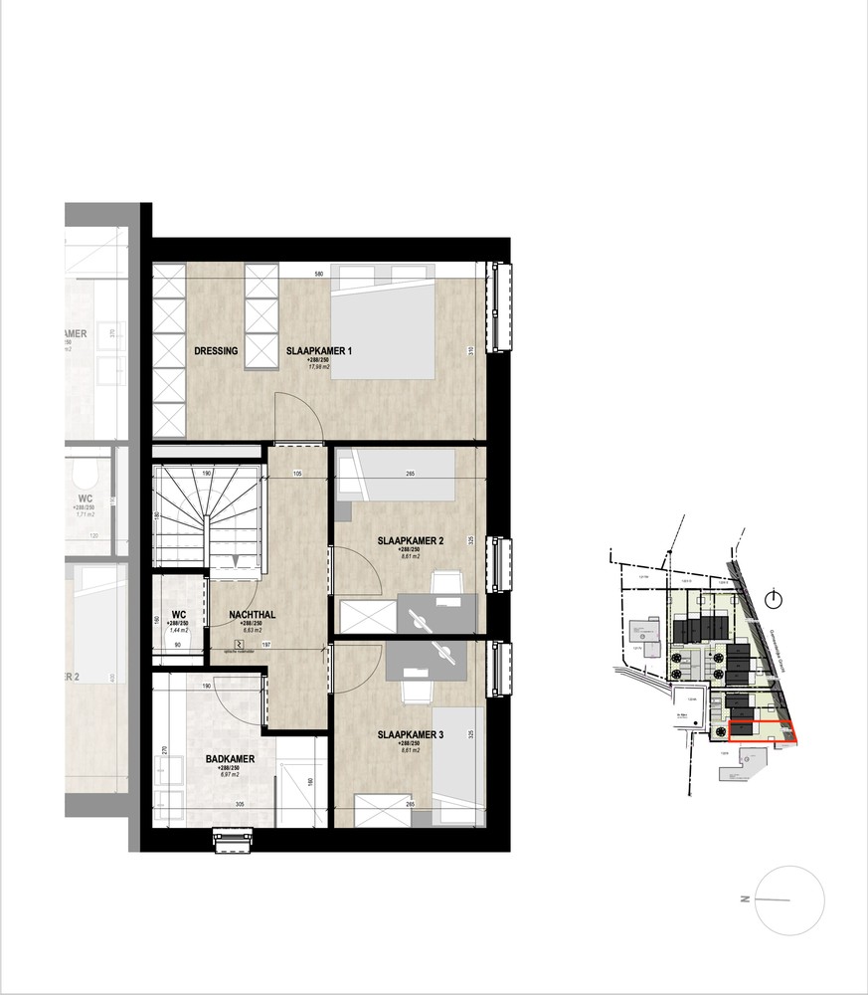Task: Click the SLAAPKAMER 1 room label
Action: [x=319, y=351]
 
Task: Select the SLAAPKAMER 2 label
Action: [x=410, y=541]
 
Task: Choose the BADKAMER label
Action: [x=231, y=758]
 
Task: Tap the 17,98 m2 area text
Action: [x=318, y=367]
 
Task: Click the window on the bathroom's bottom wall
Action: [x=228, y=842]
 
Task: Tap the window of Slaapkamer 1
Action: [x=498, y=307]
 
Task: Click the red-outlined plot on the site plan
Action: [x=763, y=731]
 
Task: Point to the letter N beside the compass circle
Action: [x=744, y=898]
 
